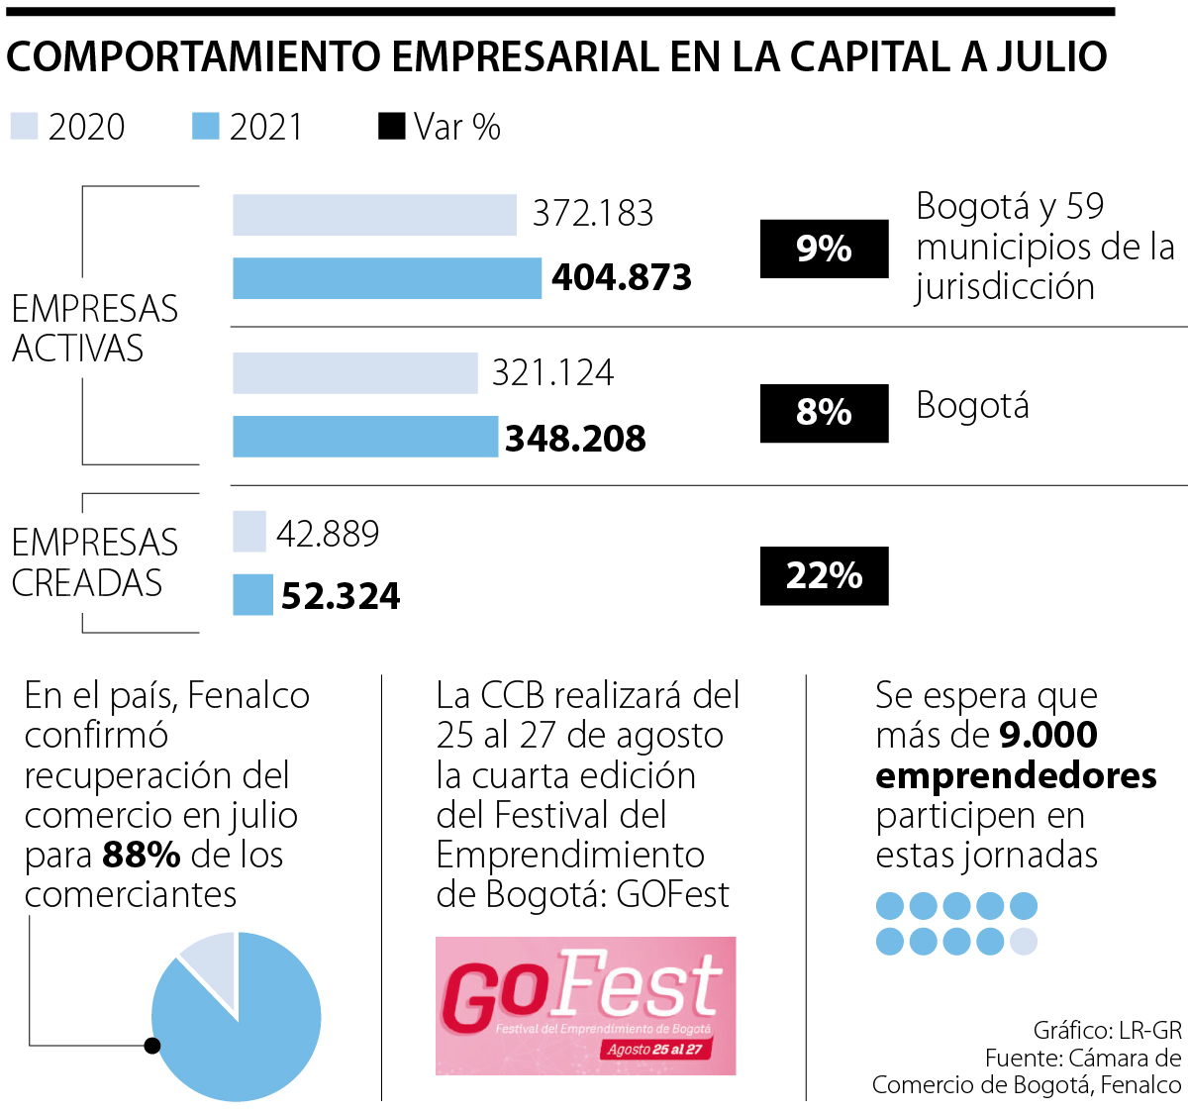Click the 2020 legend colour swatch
[24, 127]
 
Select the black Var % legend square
[392, 127]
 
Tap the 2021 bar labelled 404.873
[387, 278]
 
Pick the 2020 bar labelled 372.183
[374, 215]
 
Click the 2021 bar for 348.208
[365, 437]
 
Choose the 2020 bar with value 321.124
[355, 373]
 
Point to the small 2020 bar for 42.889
[249, 532]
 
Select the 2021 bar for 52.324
[252, 595]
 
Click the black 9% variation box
[824, 249]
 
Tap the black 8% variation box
[824, 412]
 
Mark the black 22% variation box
[824, 575]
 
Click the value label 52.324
[341, 596]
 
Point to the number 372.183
[593, 214]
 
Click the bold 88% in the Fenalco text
[141, 855]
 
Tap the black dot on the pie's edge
[151, 1045]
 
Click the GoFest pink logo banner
[585, 1005]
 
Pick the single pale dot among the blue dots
[1024, 941]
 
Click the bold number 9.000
[1048, 735]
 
